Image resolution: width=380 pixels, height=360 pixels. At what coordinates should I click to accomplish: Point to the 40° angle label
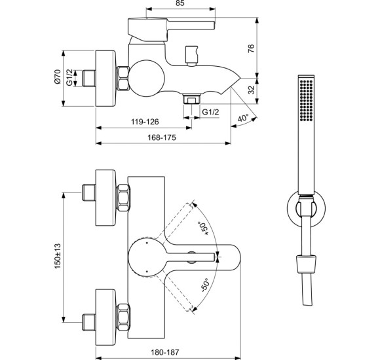click(x=243, y=118)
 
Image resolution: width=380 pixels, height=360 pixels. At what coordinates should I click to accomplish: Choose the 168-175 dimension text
click(x=163, y=137)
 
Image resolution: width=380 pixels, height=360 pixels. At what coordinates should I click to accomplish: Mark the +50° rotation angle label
click(x=204, y=229)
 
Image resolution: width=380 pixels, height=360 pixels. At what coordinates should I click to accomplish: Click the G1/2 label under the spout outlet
click(x=210, y=113)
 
